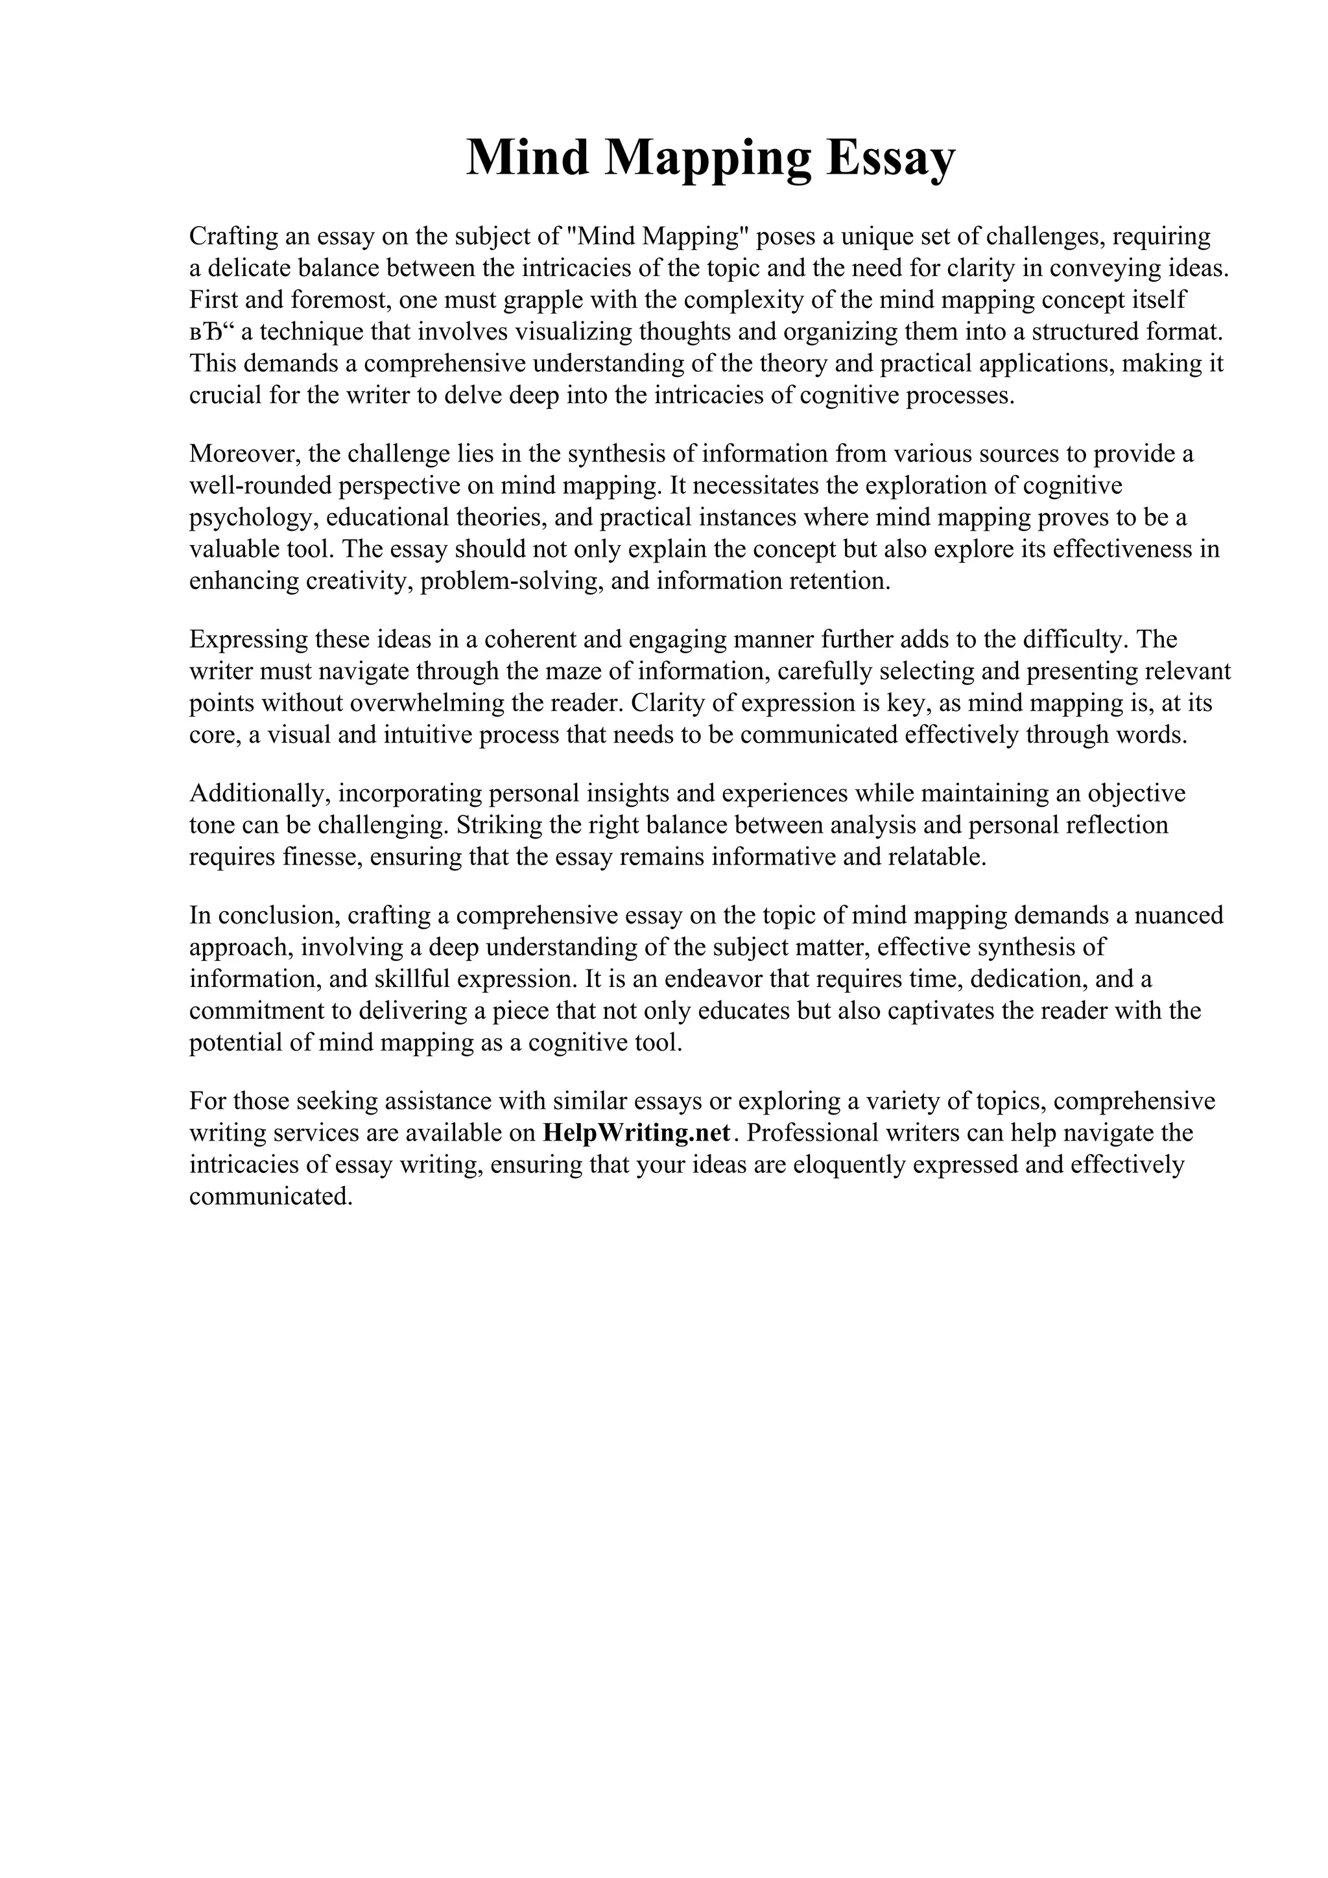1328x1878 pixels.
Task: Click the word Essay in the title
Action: point(890,158)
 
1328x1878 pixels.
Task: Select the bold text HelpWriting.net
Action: point(635,1133)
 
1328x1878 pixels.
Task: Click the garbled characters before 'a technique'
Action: point(211,332)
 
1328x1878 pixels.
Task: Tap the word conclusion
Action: point(266,915)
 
